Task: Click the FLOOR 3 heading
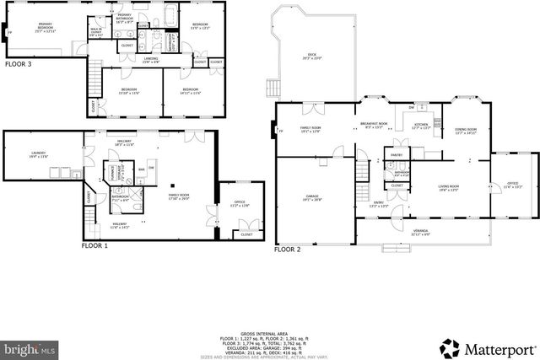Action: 19,64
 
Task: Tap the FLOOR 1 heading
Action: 95,246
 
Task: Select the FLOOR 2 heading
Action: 289,250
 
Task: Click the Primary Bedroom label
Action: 34,27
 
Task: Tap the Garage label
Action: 312,197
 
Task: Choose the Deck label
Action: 312,56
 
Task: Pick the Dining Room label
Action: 466,131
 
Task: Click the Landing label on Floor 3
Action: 151,61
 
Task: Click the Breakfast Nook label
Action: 374,126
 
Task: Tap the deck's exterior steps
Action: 273,87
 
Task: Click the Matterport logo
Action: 484,347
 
